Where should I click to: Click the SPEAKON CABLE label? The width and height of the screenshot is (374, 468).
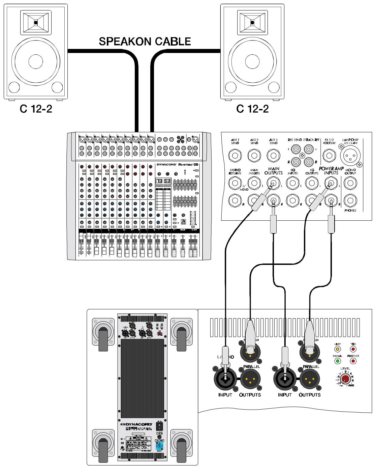[x=145, y=42]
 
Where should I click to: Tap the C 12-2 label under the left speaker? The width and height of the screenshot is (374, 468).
[x=36, y=109]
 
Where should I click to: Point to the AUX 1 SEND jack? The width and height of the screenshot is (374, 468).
[x=235, y=156]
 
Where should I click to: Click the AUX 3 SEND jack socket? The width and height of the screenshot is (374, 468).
[x=273, y=156]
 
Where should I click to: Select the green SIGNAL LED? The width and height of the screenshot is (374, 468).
[x=337, y=361]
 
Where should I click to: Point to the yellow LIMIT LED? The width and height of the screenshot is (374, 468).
[x=337, y=349]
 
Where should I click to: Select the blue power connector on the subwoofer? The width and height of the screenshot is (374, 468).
[x=159, y=446]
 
